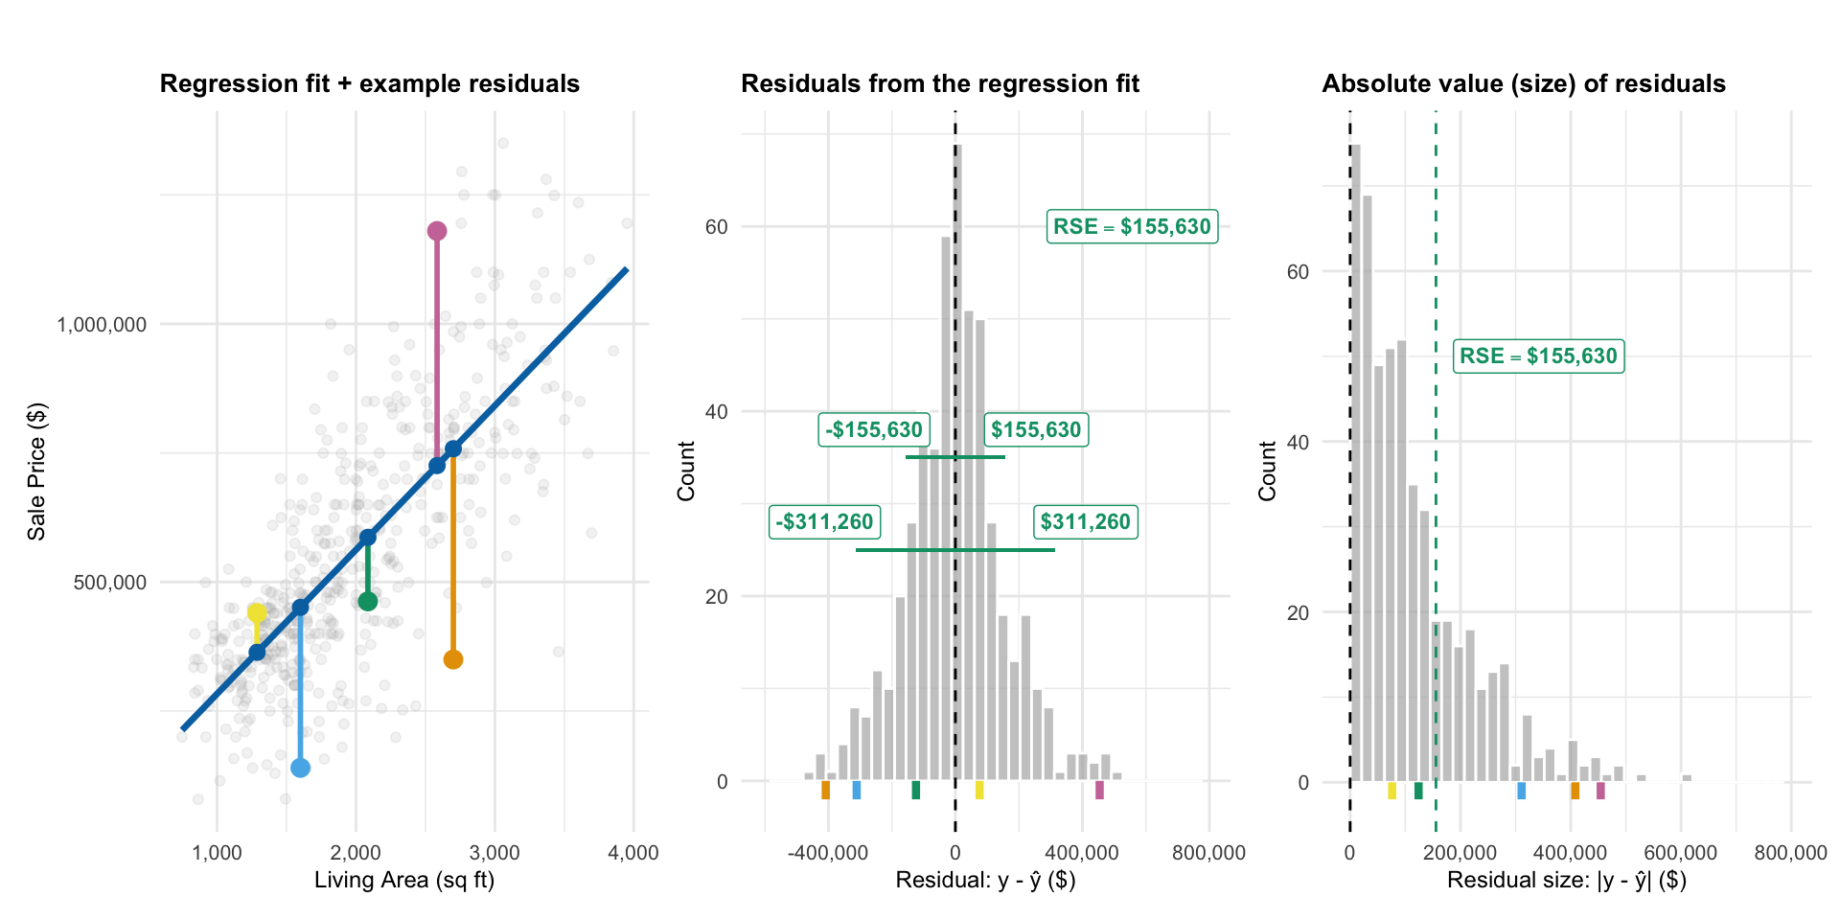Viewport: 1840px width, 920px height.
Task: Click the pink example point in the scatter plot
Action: (437, 231)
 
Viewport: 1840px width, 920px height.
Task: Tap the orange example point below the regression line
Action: (453, 659)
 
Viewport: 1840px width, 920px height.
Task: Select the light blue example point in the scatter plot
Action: (300, 768)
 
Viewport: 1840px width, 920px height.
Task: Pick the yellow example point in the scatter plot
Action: (257, 613)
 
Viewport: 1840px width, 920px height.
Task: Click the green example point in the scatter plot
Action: (368, 602)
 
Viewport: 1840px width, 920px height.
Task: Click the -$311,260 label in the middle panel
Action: (824, 522)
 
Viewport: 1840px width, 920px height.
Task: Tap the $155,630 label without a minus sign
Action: (1036, 429)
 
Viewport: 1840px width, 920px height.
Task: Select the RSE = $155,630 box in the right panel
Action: (1538, 356)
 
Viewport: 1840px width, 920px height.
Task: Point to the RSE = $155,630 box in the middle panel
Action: (1132, 226)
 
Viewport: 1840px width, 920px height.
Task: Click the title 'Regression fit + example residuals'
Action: (370, 84)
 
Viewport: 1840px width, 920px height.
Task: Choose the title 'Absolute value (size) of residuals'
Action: (1524, 84)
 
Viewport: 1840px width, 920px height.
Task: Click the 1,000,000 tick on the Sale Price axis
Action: (102, 325)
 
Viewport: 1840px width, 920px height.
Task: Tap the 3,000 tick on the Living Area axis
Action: (494, 853)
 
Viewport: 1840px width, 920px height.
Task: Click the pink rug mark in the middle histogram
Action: (1099, 790)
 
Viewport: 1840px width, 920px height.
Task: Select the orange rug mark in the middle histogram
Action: (825, 790)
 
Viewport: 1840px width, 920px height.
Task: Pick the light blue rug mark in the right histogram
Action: (1521, 791)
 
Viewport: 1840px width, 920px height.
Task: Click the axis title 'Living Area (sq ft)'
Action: (404, 880)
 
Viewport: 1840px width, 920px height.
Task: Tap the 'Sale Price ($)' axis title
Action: (36, 471)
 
